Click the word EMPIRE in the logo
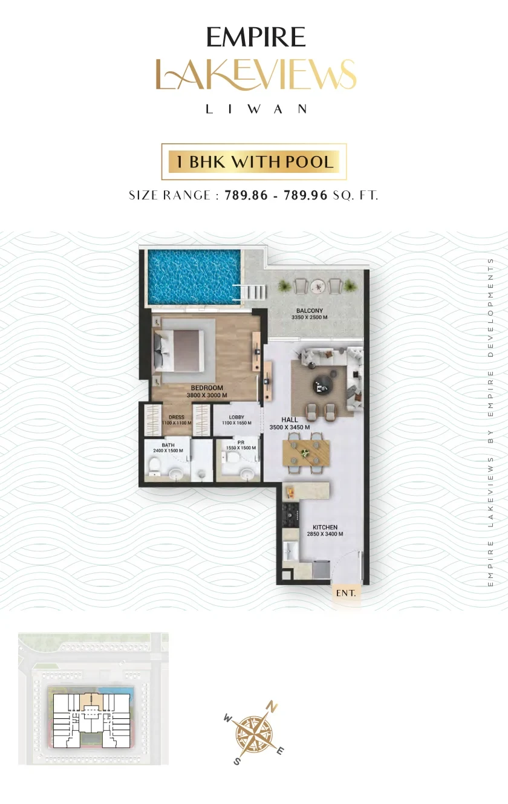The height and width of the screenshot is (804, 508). [x=256, y=37]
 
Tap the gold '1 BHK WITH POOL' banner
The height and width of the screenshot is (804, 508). [x=254, y=161]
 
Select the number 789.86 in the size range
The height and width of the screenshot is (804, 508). [x=246, y=195]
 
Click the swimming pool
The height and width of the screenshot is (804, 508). [x=194, y=276]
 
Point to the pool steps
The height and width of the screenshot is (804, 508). [x=253, y=291]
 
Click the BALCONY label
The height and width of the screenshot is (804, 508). [x=310, y=311]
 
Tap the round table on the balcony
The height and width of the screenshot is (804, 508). [x=317, y=287]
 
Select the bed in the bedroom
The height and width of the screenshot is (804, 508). [x=179, y=351]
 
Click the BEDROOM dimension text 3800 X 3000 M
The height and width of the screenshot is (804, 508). [x=207, y=395]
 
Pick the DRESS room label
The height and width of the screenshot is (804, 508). [x=176, y=417]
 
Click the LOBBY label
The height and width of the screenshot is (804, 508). [x=236, y=417]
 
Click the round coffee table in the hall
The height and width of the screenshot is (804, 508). [x=322, y=386]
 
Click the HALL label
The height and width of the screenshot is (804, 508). [x=290, y=420]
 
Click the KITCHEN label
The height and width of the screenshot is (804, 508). [x=325, y=527]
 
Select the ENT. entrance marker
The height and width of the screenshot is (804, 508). [x=346, y=593]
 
